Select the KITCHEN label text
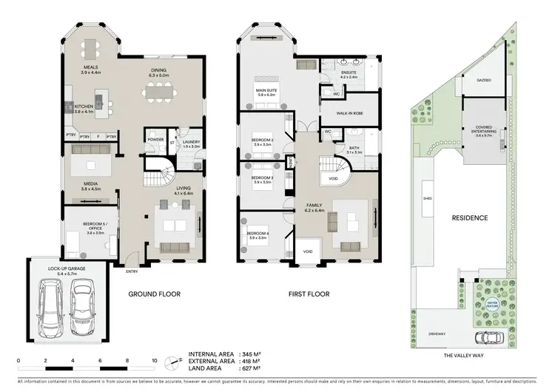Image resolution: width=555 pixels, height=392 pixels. click(x=84, y=107)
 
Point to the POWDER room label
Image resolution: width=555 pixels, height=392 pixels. click(x=155, y=138)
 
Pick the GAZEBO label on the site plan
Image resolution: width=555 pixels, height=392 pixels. click(x=484, y=79)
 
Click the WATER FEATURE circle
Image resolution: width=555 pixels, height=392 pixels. click(x=492, y=303)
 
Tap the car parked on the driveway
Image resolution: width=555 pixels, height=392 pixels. click(x=488, y=338)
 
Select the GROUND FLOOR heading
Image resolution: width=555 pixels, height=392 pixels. click(x=154, y=294)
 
